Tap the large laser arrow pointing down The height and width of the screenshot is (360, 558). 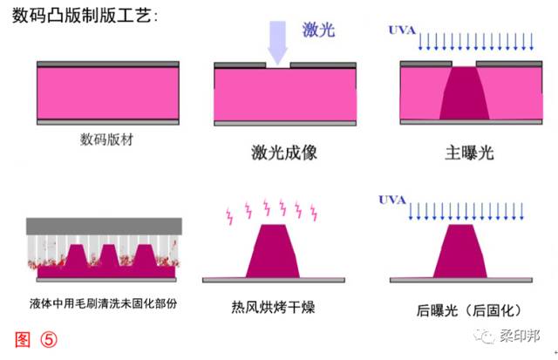tap(278, 43)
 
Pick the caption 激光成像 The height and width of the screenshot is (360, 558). tap(283, 153)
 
